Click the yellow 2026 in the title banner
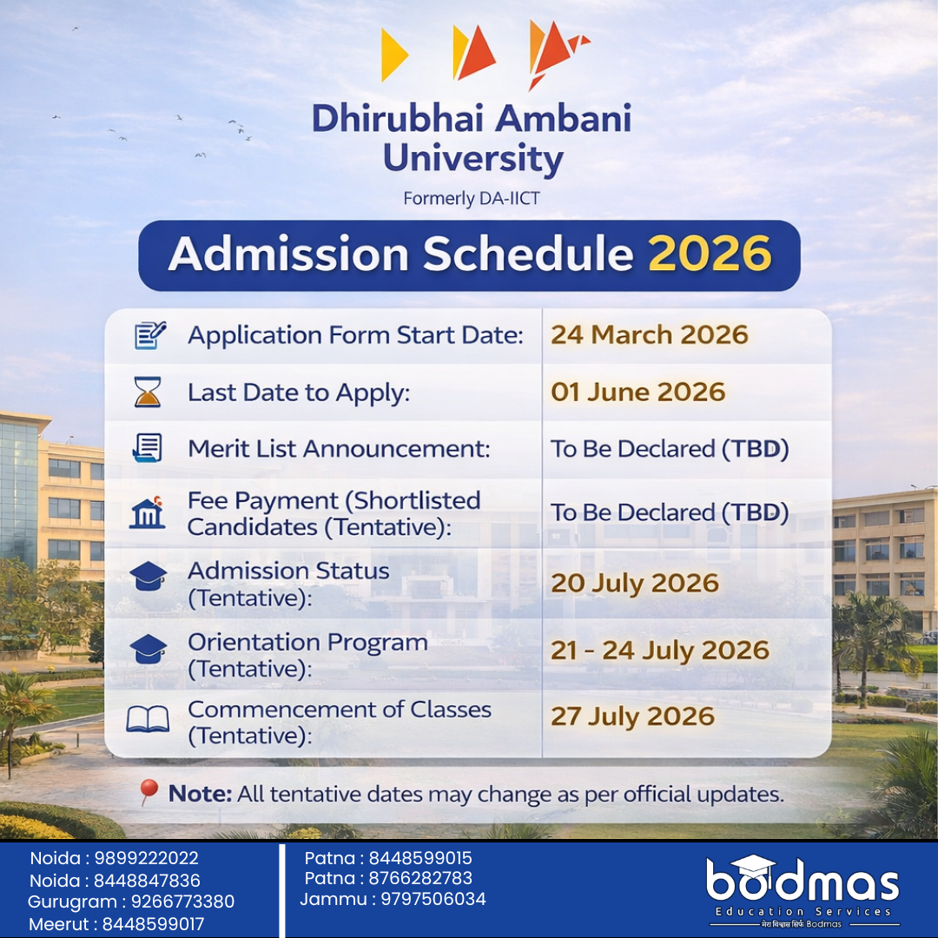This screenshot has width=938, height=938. pyautogui.click(x=710, y=254)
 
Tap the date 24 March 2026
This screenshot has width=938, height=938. pyautogui.click(x=650, y=335)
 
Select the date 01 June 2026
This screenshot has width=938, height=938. pyautogui.click(x=638, y=393)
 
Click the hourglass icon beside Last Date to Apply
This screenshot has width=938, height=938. pyautogui.click(x=148, y=392)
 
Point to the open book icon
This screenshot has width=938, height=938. pyautogui.click(x=148, y=719)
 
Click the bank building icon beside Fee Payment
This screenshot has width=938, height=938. pyautogui.click(x=147, y=512)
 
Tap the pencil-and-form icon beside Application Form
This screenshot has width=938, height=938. pyautogui.click(x=149, y=335)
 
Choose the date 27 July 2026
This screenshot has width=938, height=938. pyautogui.click(x=633, y=717)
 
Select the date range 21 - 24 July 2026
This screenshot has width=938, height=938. pyautogui.click(x=660, y=651)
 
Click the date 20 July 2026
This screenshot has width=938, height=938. pyautogui.click(x=635, y=584)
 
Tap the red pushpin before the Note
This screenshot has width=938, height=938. pyautogui.click(x=148, y=792)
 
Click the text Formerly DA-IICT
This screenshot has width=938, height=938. pyautogui.click(x=472, y=199)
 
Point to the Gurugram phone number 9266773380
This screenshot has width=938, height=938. pyautogui.click(x=182, y=902)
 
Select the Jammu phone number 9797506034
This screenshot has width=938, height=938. pyautogui.click(x=433, y=899)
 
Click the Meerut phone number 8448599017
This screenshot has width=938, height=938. pyautogui.click(x=153, y=924)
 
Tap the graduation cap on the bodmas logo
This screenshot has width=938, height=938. pyautogui.click(x=753, y=865)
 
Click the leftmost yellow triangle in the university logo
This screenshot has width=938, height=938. pyautogui.click(x=393, y=55)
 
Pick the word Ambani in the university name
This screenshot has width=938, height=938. pyautogui.click(x=564, y=118)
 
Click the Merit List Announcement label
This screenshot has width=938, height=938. pyautogui.click(x=339, y=449)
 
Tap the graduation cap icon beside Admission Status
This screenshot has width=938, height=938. pyautogui.click(x=148, y=576)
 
